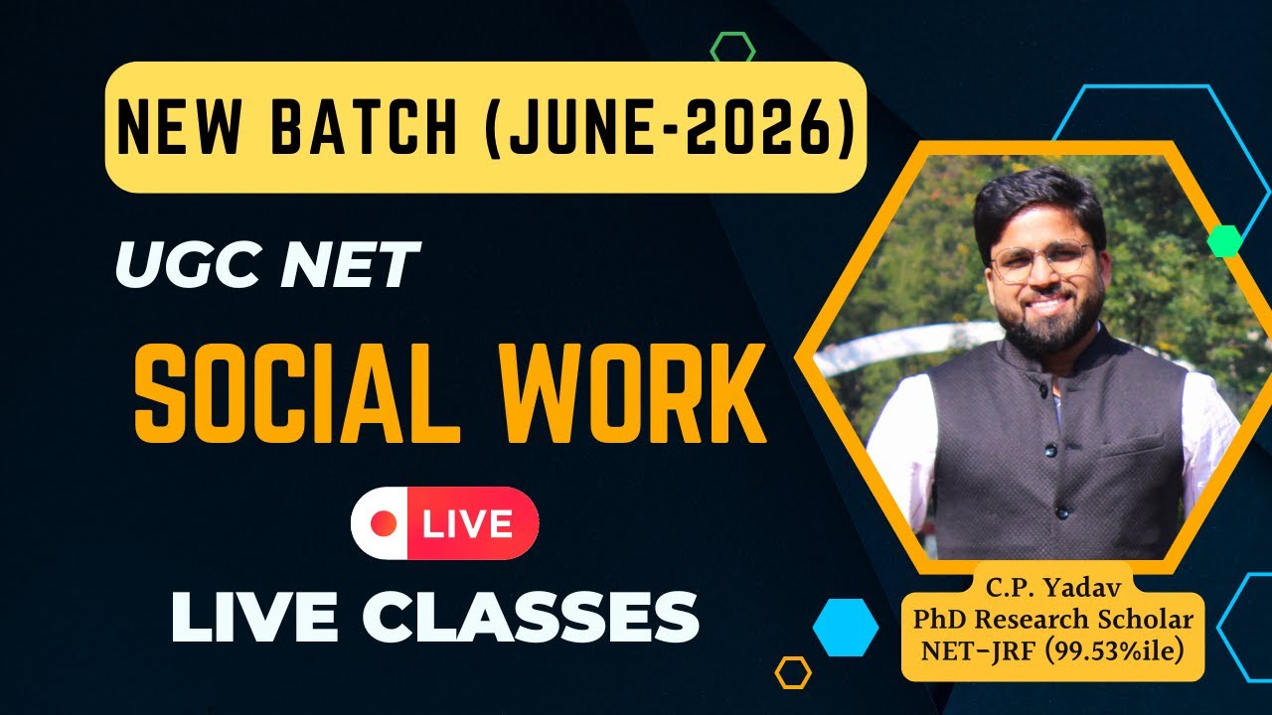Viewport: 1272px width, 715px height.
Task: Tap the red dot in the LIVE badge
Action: (384, 522)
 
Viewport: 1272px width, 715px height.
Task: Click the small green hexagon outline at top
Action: (733, 48)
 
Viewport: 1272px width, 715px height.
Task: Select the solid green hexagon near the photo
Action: (1224, 241)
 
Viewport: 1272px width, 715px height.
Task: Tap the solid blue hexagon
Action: (846, 627)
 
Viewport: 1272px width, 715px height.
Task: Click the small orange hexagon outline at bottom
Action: (793, 672)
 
